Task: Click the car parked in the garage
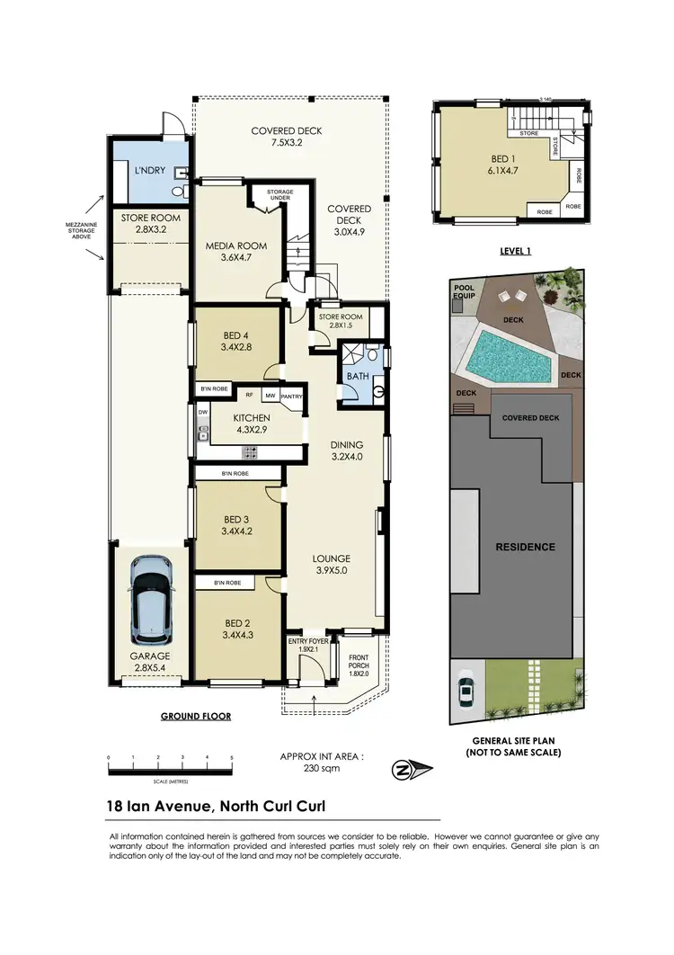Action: (x=149, y=597)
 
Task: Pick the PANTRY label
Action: (x=291, y=396)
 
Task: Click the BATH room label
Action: (x=354, y=376)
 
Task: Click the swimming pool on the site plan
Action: (x=506, y=354)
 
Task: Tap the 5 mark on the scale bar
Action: (x=232, y=758)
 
